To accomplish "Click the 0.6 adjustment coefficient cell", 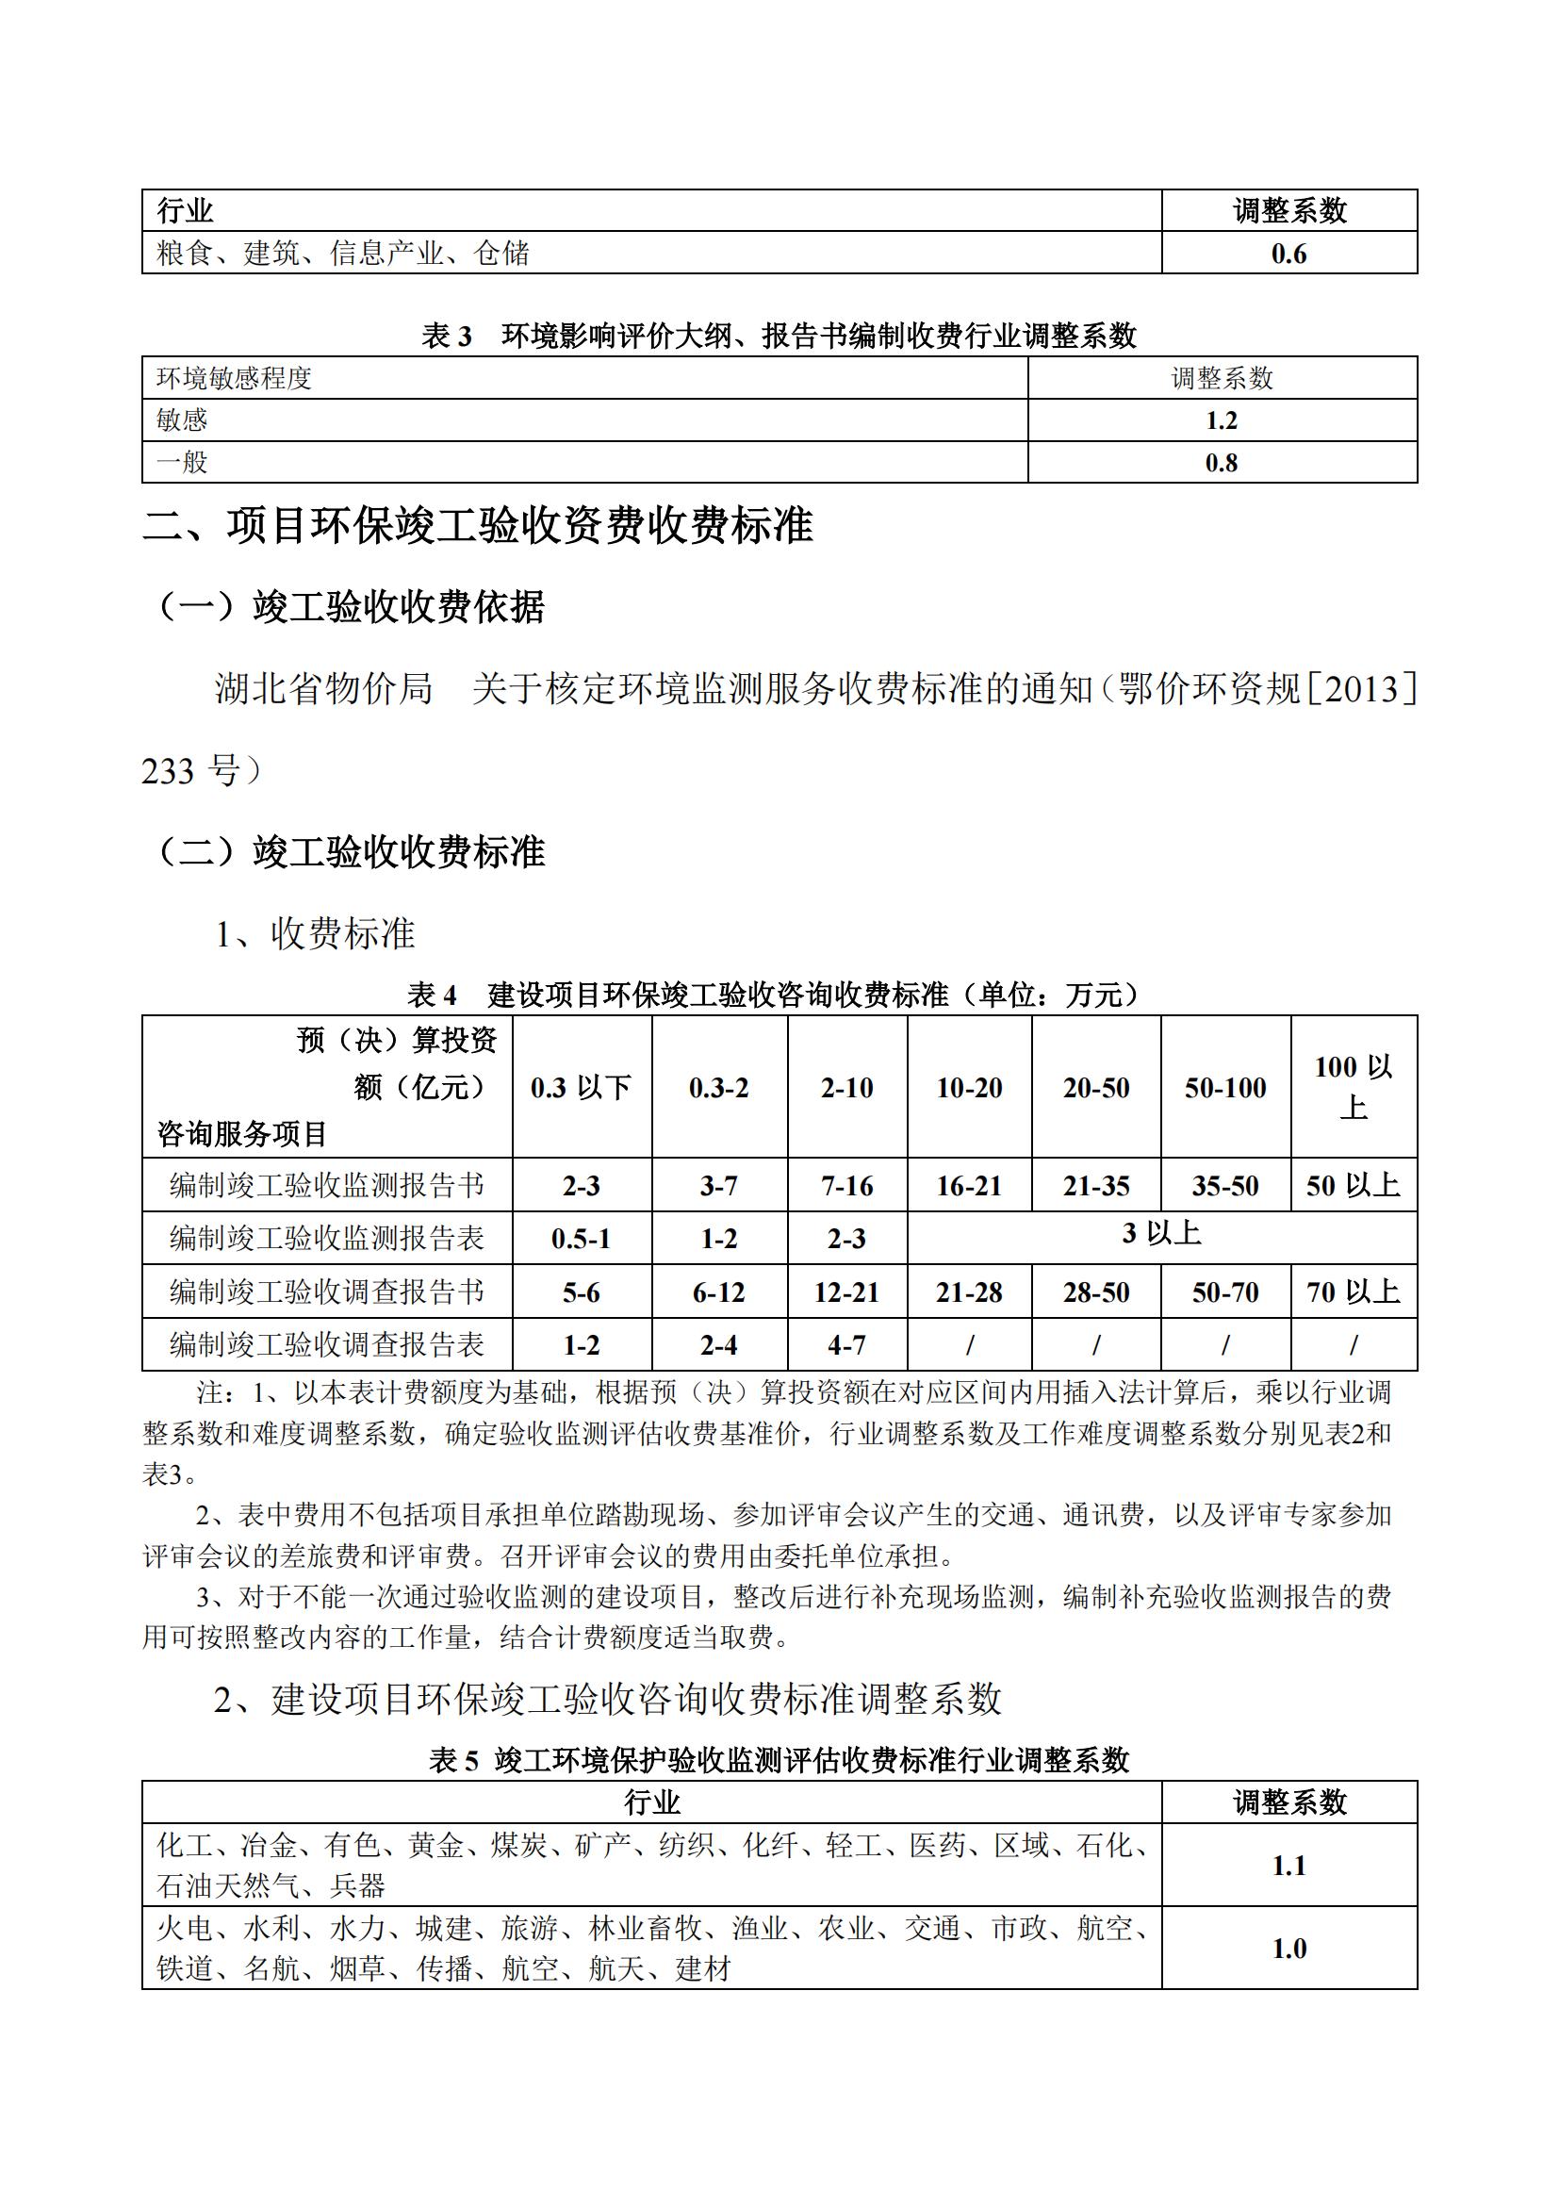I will pyautogui.click(x=1288, y=254).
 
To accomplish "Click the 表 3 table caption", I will pyautogui.click(x=779, y=336).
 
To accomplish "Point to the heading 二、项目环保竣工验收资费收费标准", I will pyautogui.click(x=478, y=525).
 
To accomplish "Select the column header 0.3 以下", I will pyautogui.click(x=581, y=1087).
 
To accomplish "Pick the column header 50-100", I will pyautogui.click(x=1225, y=1087).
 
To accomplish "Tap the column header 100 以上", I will pyautogui.click(x=1353, y=1087).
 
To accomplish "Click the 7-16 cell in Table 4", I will pyautogui.click(x=846, y=1186).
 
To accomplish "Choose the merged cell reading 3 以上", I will pyautogui.click(x=1161, y=1234).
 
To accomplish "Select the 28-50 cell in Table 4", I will pyautogui.click(x=1095, y=1292).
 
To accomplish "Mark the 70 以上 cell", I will pyautogui.click(x=1353, y=1292).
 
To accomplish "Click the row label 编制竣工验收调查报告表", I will pyautogui.click(x=326, y=1344).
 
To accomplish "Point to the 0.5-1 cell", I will pyautogui.click(x=581, y=1239).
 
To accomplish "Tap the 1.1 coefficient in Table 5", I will pyautogui.click(x=1288, y=1865).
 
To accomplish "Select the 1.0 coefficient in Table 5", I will pyautogui.click(x=1288, y=1949).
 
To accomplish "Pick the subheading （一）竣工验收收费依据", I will pyautogui.click(x=352, y=607).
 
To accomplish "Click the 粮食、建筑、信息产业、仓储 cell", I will pyautogui.click(x=344, y=254).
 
